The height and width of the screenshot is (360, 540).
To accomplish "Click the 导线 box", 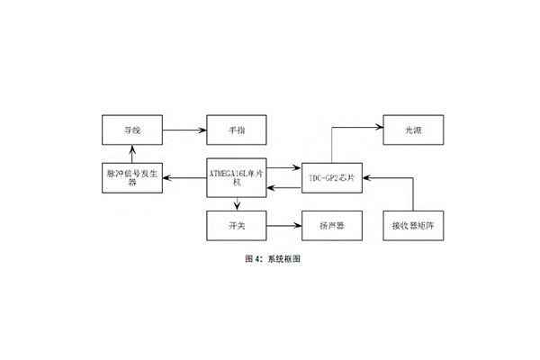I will [132, 130].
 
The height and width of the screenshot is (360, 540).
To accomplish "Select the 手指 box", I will [237, 130].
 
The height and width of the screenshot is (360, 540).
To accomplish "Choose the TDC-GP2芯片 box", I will [333, 179].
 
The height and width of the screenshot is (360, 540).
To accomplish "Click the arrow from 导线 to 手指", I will [184, 130].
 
